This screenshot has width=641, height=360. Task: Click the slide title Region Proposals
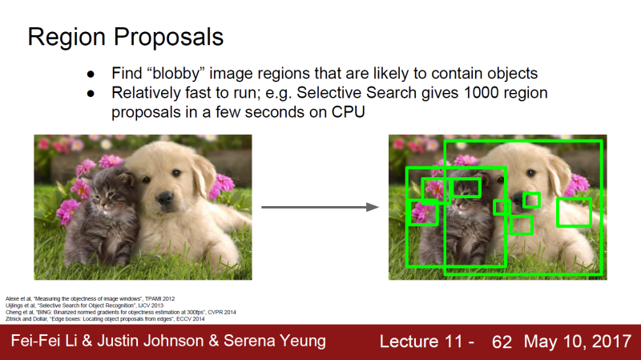(126, 38)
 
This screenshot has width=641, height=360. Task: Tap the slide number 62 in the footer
(502, 342)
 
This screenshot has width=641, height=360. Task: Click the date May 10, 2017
(577, 342)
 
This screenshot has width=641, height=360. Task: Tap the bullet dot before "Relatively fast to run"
(91, 93)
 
